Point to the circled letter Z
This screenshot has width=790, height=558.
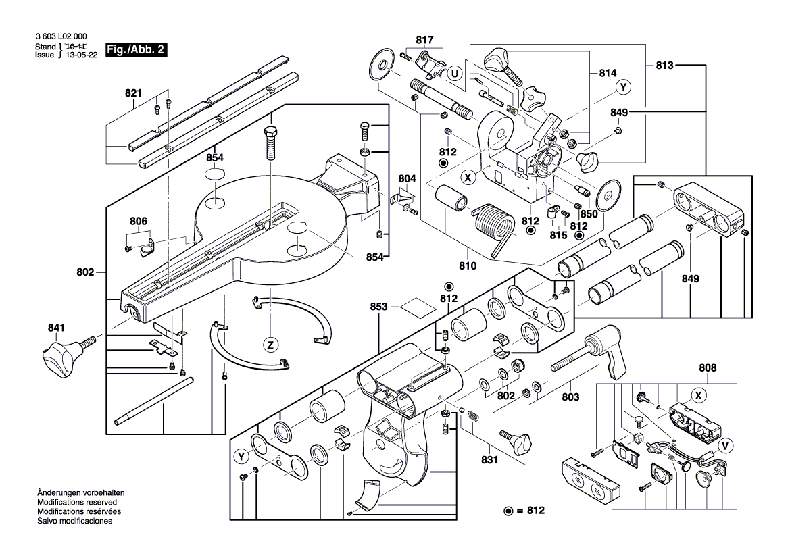click(270, 345)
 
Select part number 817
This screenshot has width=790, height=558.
click(424, 40)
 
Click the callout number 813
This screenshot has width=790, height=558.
click(665, 66)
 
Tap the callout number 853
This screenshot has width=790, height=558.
click(379, 307)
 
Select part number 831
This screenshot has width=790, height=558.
click(489, 459)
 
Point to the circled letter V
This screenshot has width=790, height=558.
click(725, 446)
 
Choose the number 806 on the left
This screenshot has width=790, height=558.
click(139, 220)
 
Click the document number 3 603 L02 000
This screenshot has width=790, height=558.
click(60, 36)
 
